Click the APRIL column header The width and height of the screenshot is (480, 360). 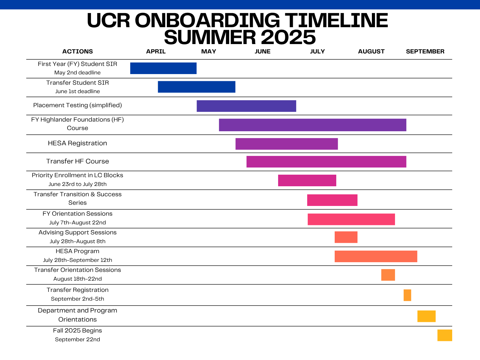(156, 52)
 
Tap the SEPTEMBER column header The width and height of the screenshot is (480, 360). (425, 52)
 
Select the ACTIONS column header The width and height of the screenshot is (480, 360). (77, 52)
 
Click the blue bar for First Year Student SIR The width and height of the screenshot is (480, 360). (163, 68)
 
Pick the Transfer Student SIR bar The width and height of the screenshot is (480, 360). (197, 87)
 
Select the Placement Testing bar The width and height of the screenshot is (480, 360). (246, 106)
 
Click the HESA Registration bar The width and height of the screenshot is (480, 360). (287, 144)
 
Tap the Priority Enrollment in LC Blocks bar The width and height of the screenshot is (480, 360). (307, 180)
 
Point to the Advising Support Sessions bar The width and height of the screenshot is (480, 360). (346, 237)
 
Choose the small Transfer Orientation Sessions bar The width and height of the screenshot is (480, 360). (388, 275)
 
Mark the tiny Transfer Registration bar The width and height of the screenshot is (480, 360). (407, 295)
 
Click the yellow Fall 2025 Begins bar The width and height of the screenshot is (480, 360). (445, 335)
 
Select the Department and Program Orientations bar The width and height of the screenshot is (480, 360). (426, 316)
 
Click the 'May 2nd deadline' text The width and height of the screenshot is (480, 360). (77, 72)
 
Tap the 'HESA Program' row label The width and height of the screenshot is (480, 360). (77, 251)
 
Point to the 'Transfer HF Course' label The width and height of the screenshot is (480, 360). (77, 161)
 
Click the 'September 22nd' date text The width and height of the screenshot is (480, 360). (77, 339)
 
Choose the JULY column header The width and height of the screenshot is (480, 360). (317, 52)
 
